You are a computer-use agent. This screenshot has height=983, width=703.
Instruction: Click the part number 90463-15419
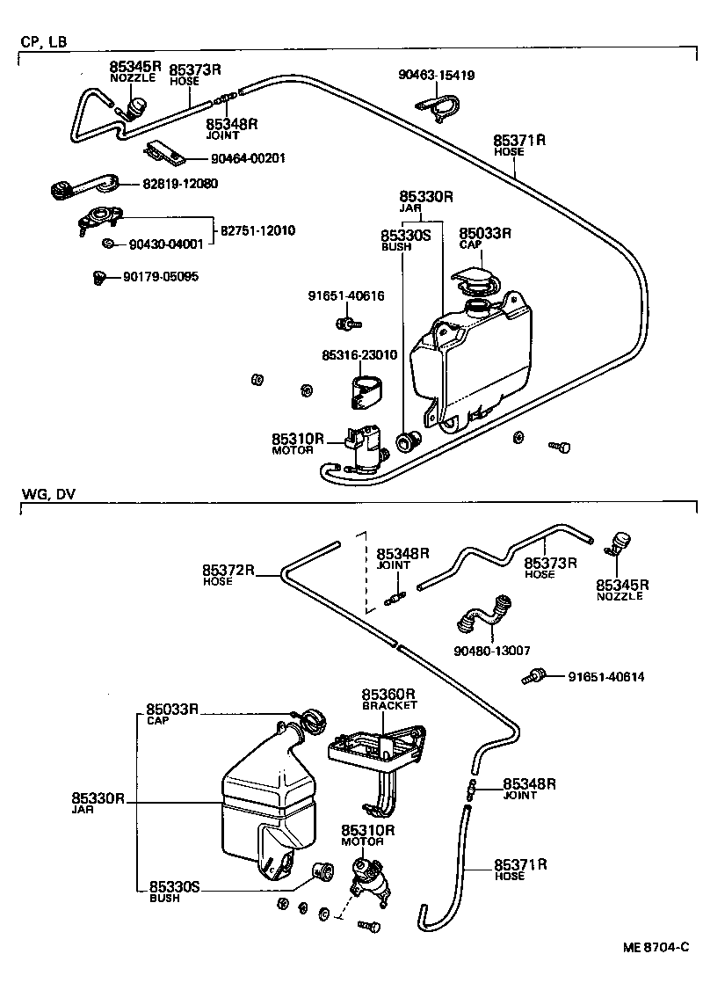[x=437, y=76]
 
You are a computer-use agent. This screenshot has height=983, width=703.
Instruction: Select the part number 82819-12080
[x=180, y=184]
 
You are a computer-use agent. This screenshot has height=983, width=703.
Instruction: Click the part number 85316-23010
[x=359, y=355]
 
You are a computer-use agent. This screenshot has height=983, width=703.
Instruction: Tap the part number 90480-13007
[x=491, y=650]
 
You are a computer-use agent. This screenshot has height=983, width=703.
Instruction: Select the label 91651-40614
[x=606, y=676]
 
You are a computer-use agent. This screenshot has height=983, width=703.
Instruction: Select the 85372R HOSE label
[x=228, y=574]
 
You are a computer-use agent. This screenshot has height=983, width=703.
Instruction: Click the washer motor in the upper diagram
[x=367, y=446]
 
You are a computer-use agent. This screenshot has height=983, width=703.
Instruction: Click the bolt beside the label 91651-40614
[x=534, y=677]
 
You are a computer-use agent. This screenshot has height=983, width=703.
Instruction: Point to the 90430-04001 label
[x=166, y=244]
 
